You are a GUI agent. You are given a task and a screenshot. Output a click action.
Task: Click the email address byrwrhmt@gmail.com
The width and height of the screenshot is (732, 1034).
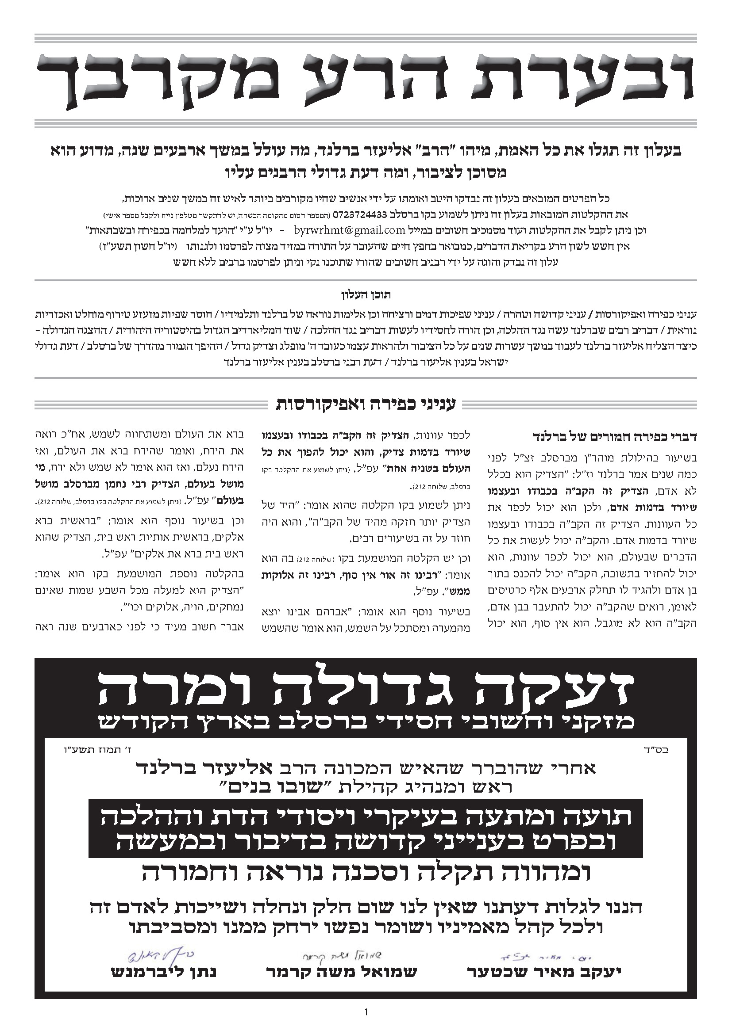[349, 230]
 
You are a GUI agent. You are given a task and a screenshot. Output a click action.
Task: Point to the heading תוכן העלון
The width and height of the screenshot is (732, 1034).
[366, 295]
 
